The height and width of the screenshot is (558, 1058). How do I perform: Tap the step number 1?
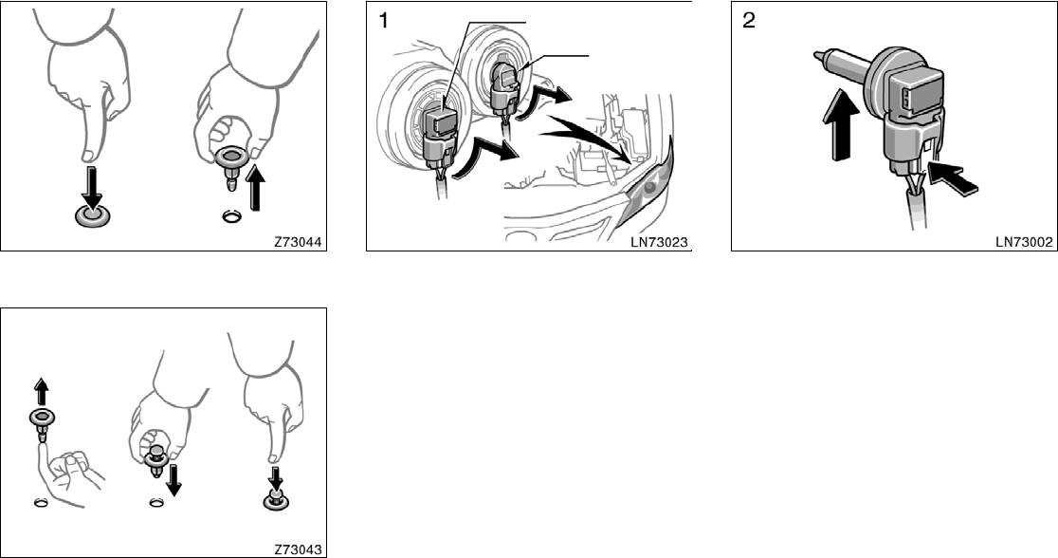click(x=382, y=22)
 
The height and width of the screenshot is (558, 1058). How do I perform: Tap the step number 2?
click(x=748, y=22)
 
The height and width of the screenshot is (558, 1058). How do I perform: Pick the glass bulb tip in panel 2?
click(x=820, y=62)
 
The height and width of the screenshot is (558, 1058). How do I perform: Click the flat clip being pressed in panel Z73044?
click(x=93, y=214)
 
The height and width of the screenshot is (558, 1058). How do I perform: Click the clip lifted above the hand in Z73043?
click(x=41, y=420)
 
